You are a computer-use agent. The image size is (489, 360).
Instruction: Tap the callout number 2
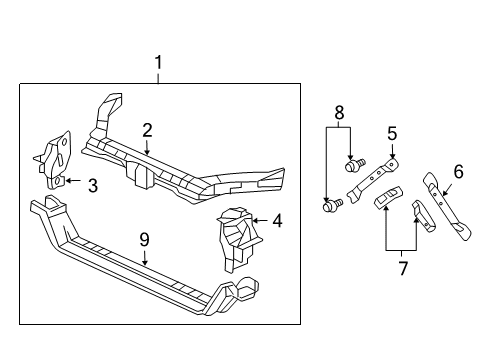pos(147,130)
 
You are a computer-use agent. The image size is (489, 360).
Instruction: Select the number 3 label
pos(92,185)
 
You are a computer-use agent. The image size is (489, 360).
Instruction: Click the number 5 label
pos(392,132)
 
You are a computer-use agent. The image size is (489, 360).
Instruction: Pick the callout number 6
pos(458,172)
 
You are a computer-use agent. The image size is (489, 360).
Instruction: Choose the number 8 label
pos(339,113)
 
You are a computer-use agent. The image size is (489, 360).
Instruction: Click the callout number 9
pos(144,241)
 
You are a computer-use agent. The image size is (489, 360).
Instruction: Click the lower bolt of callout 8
pos(333,206)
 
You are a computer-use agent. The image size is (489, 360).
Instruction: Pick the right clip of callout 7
pos(420,213)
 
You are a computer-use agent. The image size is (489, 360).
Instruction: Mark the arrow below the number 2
pos(147,146)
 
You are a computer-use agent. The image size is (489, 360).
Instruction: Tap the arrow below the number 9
pos(144,257)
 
